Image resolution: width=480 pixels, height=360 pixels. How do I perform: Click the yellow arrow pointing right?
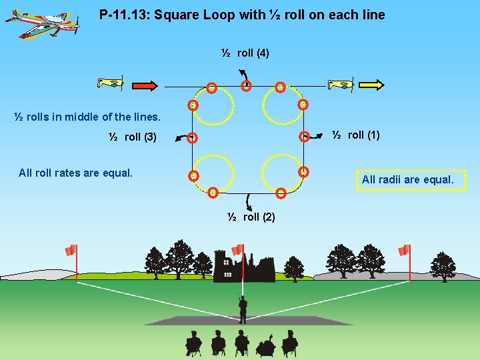(373, 84)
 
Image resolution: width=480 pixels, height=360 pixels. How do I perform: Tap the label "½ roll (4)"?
(245, 53)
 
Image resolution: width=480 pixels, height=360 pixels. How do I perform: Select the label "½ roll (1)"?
(356, 135)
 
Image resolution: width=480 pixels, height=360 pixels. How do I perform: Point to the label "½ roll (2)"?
(251, 217)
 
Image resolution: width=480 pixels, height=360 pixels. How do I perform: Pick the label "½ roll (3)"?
(133, 137)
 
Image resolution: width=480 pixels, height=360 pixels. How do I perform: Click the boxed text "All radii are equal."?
(407, 180)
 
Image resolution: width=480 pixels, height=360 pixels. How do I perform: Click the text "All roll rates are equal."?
(76, 173)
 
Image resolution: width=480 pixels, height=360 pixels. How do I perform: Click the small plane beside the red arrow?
(111, 84)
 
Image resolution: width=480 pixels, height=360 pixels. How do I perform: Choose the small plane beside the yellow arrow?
(341, 84)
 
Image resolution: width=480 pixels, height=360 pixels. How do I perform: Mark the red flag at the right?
(403, 250)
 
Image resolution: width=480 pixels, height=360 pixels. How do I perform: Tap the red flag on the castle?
(237, 249)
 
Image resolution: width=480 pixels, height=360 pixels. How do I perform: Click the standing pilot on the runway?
(243, 308)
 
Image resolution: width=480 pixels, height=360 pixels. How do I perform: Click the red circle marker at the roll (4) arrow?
(247, 85)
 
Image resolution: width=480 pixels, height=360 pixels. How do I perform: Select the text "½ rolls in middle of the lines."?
(87, 117)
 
